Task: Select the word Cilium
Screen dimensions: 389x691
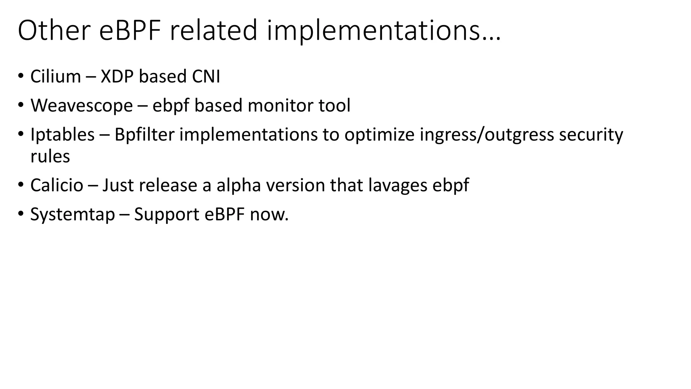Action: (x=56, y=76)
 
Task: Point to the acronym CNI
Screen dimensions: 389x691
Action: (x=206, y=76)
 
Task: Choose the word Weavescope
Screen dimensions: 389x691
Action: (x=82, y=105)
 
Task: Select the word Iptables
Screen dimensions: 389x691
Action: (x=62, y=134)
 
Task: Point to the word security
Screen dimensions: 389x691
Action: (x=591, y=135)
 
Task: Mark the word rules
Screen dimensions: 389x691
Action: (x=50, y=156)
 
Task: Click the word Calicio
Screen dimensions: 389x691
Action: (x=57, y=185)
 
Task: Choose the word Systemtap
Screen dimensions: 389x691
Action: (x=73, y=214)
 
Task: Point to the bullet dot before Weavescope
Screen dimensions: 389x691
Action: (x=21, y=105)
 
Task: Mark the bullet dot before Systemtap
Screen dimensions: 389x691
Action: (x=21, y=214)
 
